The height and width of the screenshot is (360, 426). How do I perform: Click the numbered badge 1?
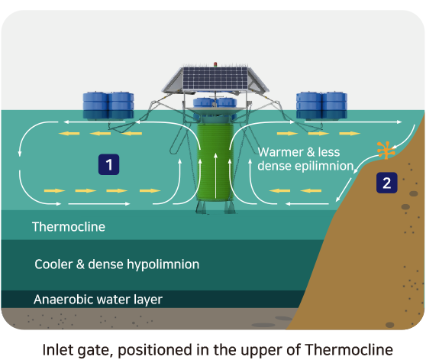pyautogui.click(x=108, y=164)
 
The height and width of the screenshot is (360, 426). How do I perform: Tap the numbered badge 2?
pyautogui.click(x=386, y=183)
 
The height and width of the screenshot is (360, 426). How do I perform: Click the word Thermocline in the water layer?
pyautogui.click(x=69, y=227)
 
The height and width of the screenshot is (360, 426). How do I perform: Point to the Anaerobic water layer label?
pyautogui.click(x=98, y=300)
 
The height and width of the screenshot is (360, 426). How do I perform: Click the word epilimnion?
pyautogui.click(x=324, y=166)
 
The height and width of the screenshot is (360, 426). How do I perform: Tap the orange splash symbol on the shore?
pyautogui.click(x=386, y=150)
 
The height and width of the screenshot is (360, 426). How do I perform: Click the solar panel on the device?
pyautogui.click(x=215, y=78)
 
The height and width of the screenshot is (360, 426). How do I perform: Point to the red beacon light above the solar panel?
pyautogui.click(x=215, y=64)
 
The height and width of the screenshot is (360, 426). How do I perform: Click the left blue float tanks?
pyautogui.click(x=108, y=105)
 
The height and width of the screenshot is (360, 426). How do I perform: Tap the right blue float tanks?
pyautogui.click(x=321, y=105)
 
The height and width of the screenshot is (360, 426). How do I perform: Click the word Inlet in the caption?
pyautogui.click(x=57, y=349)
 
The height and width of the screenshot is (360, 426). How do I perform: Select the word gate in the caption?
pyautogui.click(x=95, y=351)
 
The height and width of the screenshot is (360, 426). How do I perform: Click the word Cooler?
pyautogui.click(x=53, y=264)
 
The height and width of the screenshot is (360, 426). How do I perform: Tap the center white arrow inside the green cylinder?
pyautogui.click(x=215, y=176)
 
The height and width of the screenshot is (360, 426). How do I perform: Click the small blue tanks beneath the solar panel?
pyautogui.click(x=215, y=102)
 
